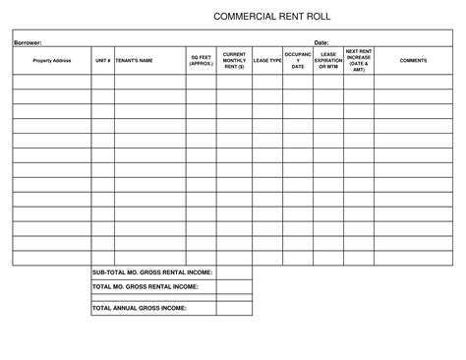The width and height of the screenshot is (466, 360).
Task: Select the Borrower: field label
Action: coord(29,43)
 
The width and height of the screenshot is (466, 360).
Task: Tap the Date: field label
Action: coord(320,43)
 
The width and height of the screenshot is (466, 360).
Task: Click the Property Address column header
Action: coord(51,61)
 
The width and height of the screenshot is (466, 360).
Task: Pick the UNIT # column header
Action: coord(102,61)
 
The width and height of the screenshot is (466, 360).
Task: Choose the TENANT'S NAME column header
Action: coord(135,61)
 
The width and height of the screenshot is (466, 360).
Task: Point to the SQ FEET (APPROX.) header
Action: coord(201,61)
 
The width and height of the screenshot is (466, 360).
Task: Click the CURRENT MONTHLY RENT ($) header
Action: coord(234,61)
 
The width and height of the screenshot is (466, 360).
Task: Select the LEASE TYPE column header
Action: coord(267,61)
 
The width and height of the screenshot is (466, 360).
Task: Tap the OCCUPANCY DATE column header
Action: coord(298,61)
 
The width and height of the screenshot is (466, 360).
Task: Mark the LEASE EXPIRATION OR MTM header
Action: coord(328,61)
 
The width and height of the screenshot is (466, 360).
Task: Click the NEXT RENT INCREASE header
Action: coord(359,61)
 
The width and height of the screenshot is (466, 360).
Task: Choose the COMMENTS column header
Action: coord(413,61)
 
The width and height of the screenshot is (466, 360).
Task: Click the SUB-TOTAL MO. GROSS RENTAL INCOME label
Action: coord(152,271)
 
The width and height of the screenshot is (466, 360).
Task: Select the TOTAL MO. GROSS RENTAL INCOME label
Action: coord(146,286)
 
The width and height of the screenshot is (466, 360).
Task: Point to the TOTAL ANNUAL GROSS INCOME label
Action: coord(140,308)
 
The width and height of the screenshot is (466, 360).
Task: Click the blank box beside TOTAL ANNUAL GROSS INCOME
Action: coord(234,308)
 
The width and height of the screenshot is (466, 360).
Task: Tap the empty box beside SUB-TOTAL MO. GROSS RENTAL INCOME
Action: coord(234,271)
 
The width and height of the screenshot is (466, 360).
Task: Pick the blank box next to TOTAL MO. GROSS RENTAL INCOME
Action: coord(234,286)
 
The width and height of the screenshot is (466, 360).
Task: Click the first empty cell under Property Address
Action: coord(51,83)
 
